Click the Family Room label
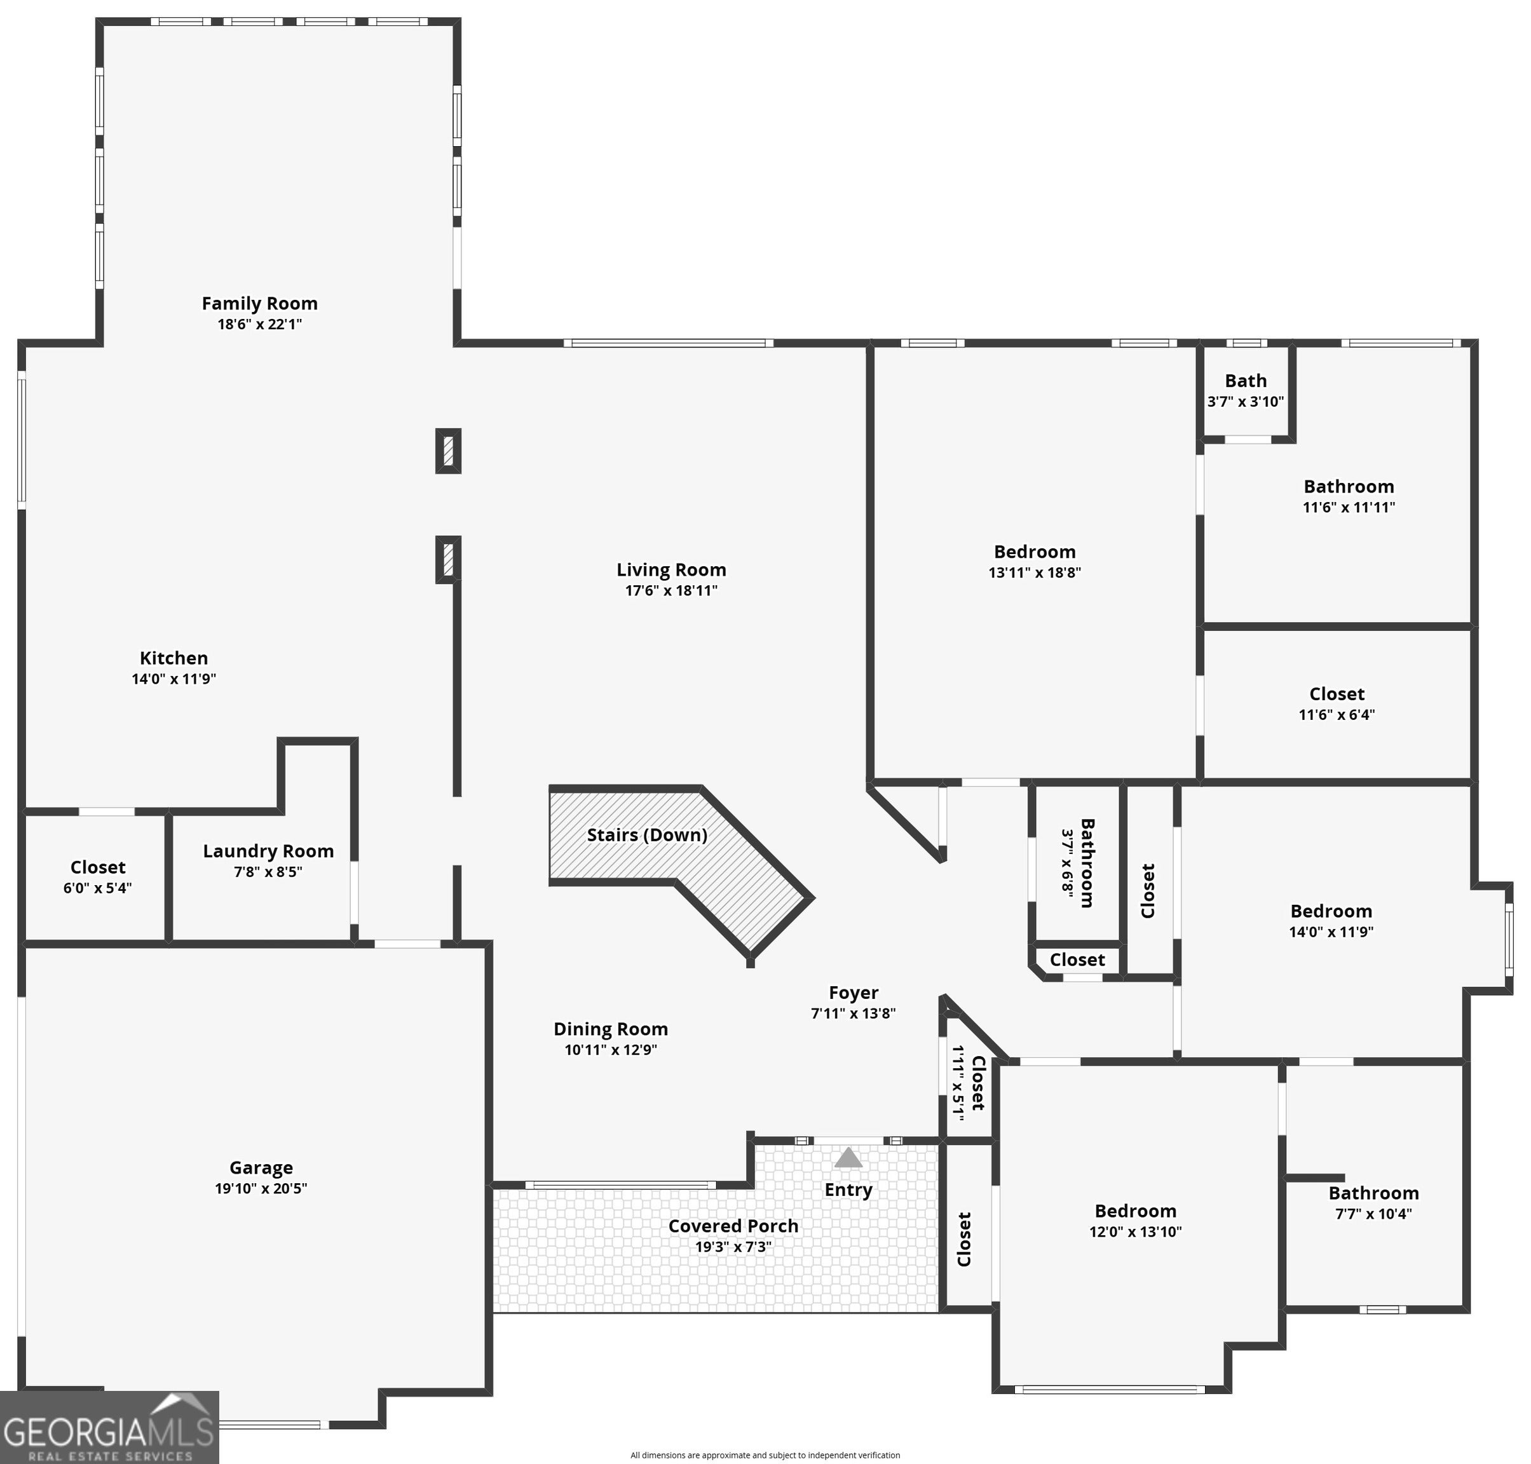point(260,303)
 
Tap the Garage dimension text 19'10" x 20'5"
point(261,1188)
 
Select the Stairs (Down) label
point(647,835)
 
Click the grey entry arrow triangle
point(848,1156)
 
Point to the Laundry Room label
point(268,851)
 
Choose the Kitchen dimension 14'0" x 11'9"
point(174,678)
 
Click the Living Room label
point(671,570)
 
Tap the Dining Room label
point(611,1029)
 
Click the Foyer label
point(854,993)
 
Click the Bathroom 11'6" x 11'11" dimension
point(1349,506)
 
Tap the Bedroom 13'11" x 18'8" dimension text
point(1035,572)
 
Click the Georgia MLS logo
point(109,1427)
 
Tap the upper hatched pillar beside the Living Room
point(448,451)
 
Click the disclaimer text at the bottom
point(765,1454)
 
